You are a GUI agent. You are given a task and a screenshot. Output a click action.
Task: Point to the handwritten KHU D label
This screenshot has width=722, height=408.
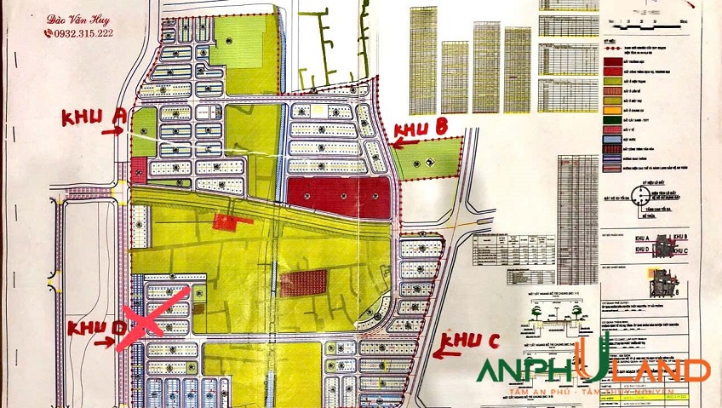point(90,327)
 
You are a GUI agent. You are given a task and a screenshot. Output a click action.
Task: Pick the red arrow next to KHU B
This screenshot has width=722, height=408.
point(407,142)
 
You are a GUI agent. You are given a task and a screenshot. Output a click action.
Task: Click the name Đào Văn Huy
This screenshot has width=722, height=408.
point(80,16)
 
